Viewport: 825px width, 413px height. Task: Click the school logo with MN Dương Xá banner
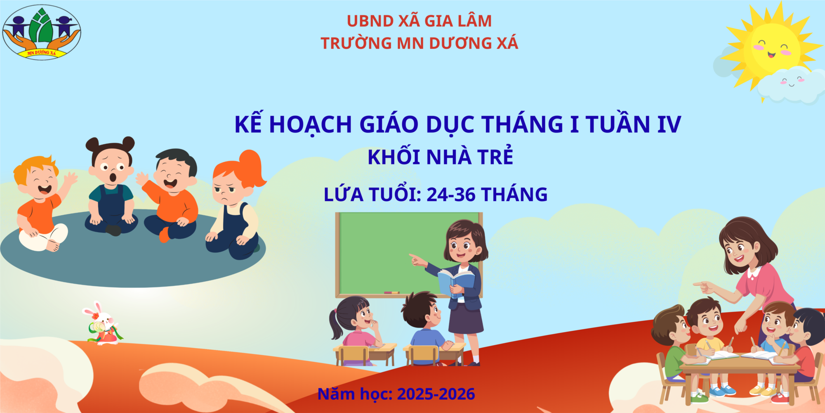[42, 32]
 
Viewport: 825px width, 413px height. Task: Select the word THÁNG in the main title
[523, 124]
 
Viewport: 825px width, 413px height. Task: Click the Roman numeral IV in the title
[669, 124]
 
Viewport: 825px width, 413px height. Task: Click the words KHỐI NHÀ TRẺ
[441, 157]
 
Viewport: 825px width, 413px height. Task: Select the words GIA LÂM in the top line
[458, 21]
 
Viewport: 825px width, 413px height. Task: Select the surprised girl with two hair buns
[111, 186]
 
